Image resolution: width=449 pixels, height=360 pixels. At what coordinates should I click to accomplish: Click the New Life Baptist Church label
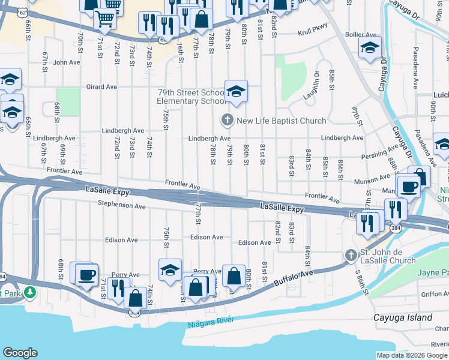[x=281, y=121]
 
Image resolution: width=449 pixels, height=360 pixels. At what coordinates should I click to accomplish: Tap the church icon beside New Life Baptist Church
[x=227, y=121]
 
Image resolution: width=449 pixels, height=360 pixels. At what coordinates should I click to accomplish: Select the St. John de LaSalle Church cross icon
[x=351, y=256]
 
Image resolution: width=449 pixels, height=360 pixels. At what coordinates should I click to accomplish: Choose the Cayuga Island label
[x=402, y=317]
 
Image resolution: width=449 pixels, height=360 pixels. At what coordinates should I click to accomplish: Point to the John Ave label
[x=66, y=62]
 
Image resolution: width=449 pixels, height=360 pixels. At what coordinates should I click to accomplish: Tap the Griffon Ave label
[x=435, y=294]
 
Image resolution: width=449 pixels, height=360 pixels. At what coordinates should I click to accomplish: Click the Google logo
[x=20, y=353]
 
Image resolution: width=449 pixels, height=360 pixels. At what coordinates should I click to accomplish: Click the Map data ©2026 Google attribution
[x=411, y=355]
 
